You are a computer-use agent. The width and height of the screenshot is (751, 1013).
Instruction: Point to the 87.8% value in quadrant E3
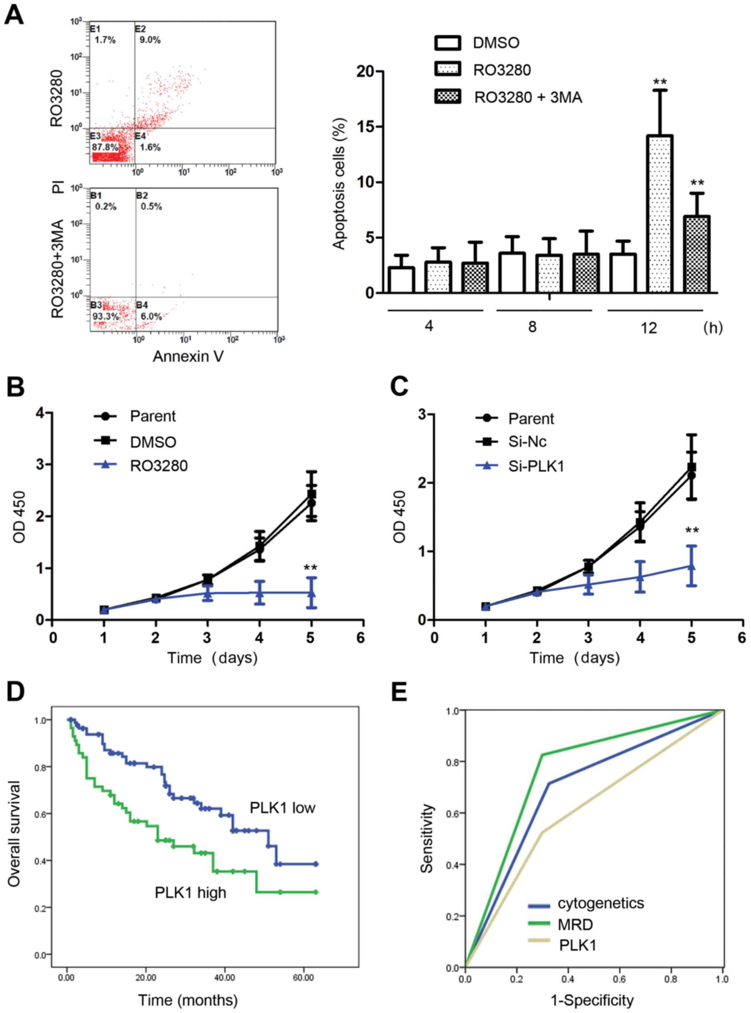click(104, 147)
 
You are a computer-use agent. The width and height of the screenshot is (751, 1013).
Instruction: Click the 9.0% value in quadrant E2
click(150, 40)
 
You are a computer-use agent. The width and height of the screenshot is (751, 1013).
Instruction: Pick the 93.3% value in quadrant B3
click(105, 317)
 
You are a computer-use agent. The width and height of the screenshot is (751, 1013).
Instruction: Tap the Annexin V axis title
click(188, 357)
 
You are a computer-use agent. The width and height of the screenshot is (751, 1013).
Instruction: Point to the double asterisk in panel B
click(311, 568)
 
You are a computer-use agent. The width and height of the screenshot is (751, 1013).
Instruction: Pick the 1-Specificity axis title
click(592, 1000)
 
